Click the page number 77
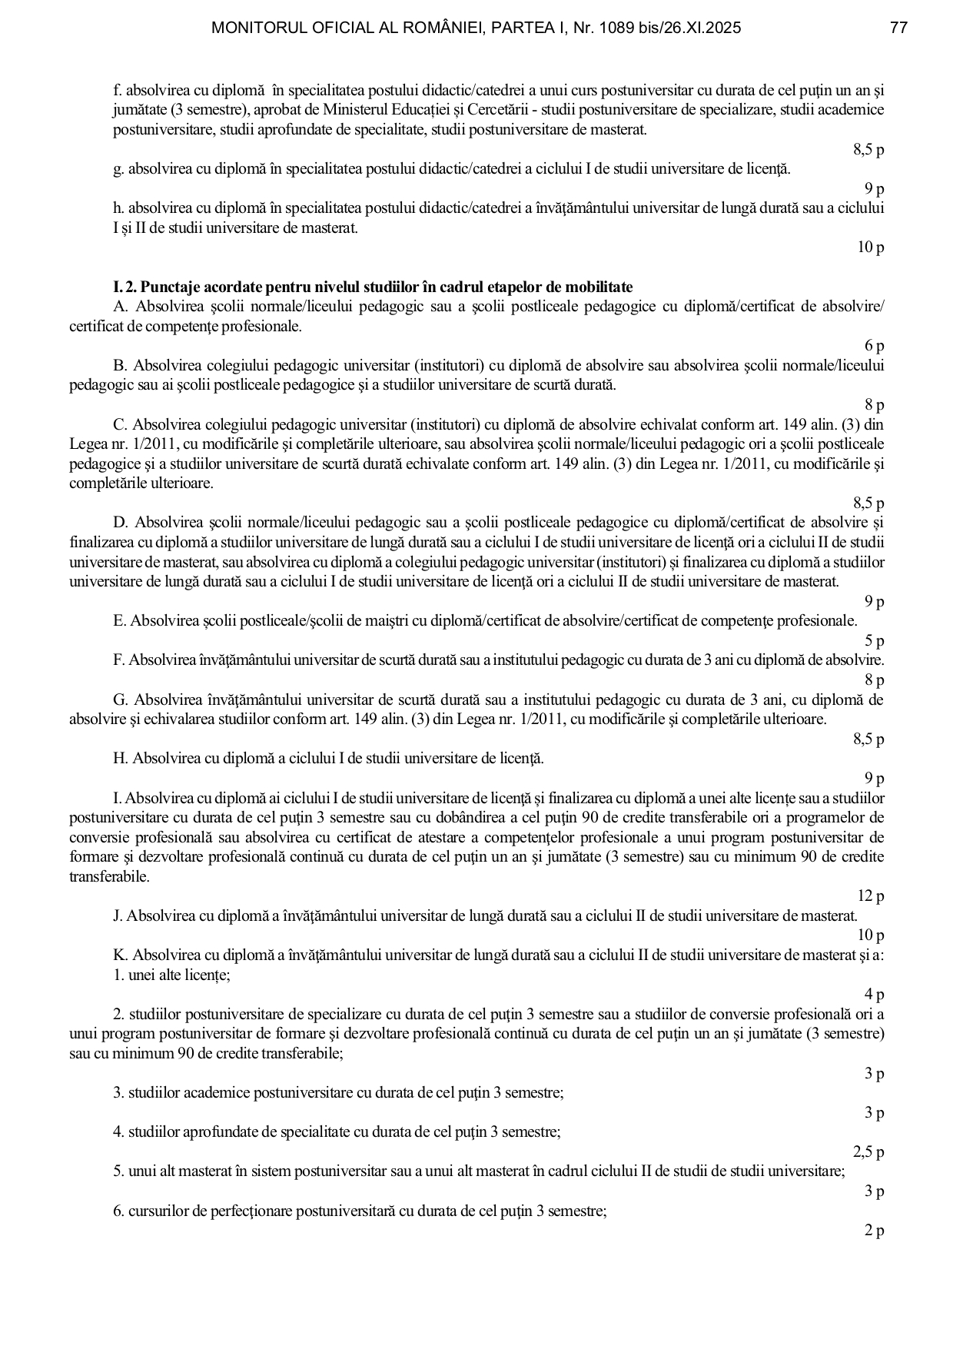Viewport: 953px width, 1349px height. (898, 28)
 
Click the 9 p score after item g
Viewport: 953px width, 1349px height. (874, 188)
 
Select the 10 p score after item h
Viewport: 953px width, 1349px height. (871, 248)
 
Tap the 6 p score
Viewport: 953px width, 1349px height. (874, 346)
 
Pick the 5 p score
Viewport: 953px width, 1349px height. (874, 641)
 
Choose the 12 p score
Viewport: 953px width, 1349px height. (871, 896)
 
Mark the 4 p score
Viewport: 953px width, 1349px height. (874, 995)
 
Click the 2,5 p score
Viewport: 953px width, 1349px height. (868, 1152)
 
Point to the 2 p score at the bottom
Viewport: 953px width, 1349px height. (874, 1231)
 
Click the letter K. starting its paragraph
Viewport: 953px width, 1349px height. (120, 955)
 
